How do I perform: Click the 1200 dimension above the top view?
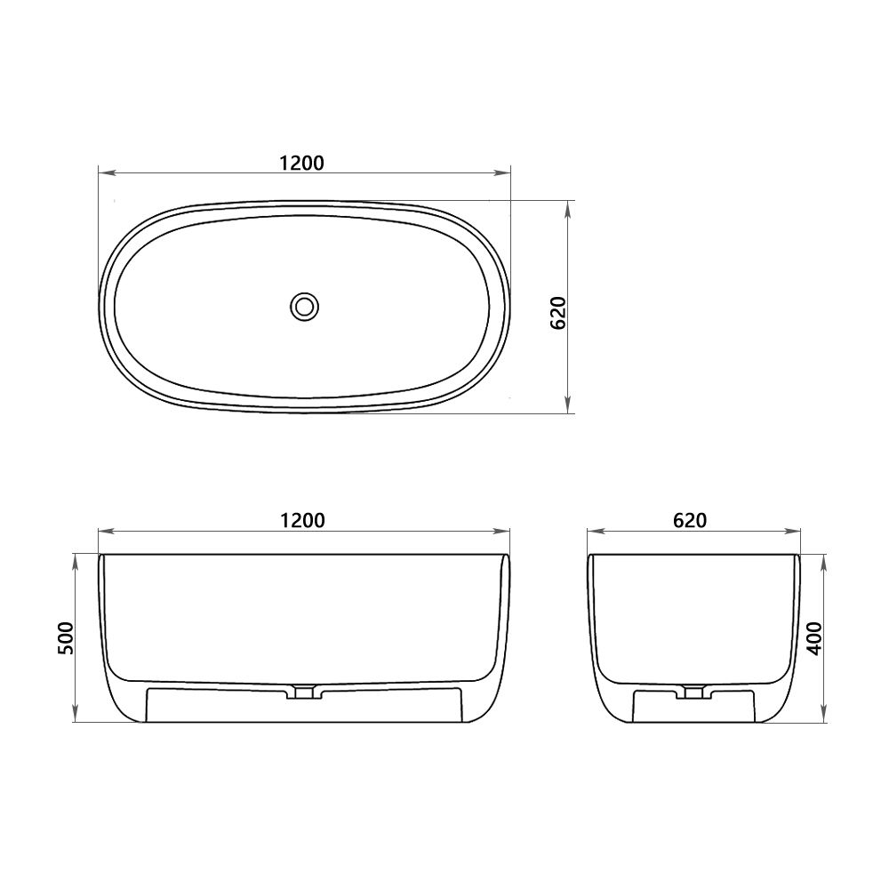coord(302,163)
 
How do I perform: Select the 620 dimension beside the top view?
coord(559,312)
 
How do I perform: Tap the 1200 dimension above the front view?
coord(302,521)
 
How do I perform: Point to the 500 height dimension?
coord(65,637)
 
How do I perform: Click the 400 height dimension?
coord(815,637)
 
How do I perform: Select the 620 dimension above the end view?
coord(689,521)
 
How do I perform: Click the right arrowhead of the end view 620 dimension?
coord(796,533)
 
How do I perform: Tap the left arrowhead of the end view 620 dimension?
coord(593,533)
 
